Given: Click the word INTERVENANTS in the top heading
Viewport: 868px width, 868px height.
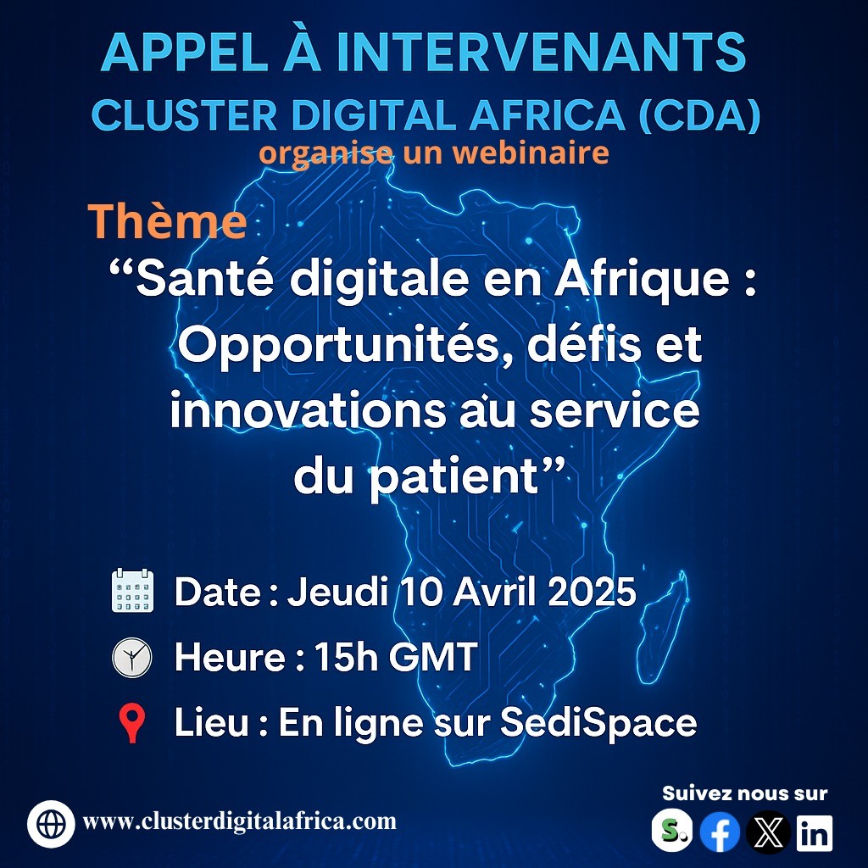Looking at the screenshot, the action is point(541,52).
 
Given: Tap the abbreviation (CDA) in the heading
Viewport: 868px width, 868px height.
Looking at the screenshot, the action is point(699,115).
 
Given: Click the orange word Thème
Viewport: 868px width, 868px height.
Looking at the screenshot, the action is point(167,221).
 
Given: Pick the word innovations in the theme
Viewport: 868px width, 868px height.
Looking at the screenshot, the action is point(307,410).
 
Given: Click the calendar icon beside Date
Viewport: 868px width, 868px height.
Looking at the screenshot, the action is point(133,591).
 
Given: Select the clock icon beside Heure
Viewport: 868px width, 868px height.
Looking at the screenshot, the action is point(131,657).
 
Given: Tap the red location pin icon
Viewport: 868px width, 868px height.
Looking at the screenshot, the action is point(132,723).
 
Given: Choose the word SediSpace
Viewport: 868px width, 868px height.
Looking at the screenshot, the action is point(598,723).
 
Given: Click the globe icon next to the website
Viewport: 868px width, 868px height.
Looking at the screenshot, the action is point(51,824).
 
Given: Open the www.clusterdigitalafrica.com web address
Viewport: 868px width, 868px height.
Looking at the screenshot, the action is point(240,821).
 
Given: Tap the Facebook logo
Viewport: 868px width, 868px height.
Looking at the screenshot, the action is point(720,832).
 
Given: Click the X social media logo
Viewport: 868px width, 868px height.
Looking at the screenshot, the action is point(768,832).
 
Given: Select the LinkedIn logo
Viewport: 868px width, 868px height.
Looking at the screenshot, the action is point(815,832).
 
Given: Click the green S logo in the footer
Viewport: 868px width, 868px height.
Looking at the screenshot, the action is point(672,831).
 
